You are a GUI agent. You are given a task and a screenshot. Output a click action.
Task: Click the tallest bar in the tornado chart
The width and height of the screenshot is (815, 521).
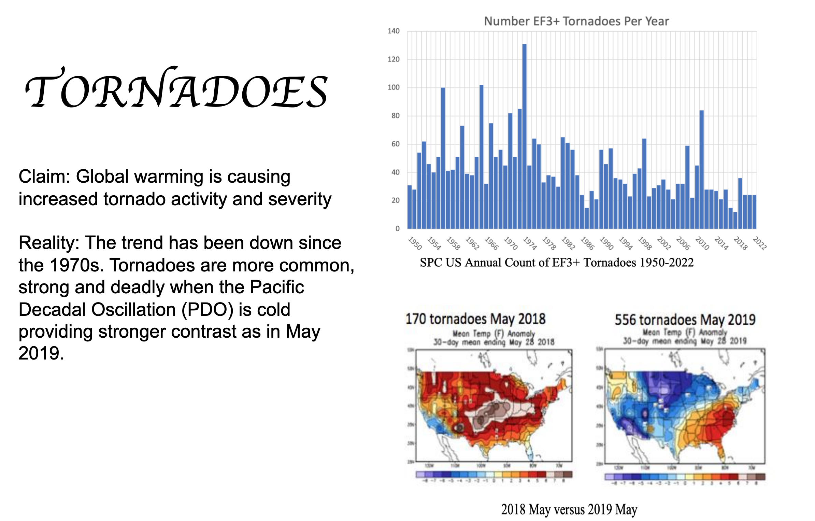pyautogui.click(x=524, y=137)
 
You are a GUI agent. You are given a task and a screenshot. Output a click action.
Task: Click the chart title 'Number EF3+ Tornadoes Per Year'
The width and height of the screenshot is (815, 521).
pyautogui.click(x=576, y=21)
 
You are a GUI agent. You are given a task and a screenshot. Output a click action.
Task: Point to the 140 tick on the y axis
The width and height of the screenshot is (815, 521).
pyautogui.click(x=394, y=31)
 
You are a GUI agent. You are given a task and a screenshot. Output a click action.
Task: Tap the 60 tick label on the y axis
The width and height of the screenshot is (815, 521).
pyautogui.click(x=395, y=144)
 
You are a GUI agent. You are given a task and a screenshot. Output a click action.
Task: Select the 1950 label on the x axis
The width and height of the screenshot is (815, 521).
pyautogui.click(x=415, y=243)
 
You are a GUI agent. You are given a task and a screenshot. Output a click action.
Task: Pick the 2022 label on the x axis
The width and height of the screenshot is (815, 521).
pyautogui.click(x=760, y=243)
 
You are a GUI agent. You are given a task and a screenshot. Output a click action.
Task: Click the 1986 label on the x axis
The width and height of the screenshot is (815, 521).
pyautogui.click(x=587, y=243)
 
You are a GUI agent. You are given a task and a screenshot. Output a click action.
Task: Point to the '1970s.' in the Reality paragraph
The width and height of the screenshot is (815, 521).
pyautogui.click(x=77, y=265)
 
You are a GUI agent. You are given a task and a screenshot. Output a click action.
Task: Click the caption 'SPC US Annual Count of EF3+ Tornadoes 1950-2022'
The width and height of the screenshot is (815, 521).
pyautogui.click(x=557, y=263)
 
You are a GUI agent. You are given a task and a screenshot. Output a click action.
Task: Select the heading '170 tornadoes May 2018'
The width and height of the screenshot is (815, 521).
pyautogui.click(x=475, y=319)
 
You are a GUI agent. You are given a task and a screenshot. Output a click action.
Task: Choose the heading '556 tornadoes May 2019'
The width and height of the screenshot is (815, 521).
pyautogui.click(x=685, y=320)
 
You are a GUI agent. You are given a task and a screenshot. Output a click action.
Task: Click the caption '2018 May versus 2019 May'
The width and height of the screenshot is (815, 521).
pyautogui.click(x=569, y=510)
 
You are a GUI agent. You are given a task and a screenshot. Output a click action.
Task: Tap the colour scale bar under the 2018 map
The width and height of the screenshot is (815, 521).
pyautogui.click(x=494, y=474)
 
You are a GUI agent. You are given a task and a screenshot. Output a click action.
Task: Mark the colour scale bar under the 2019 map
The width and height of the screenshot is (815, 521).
pyautogui.click(x=685, y=477)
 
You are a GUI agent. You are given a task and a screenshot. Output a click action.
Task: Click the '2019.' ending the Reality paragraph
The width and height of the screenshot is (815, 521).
pyautogui.click(x=41, y=353)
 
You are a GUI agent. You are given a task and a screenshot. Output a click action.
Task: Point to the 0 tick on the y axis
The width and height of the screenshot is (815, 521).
pyautogui.click(x=397, y=229)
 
